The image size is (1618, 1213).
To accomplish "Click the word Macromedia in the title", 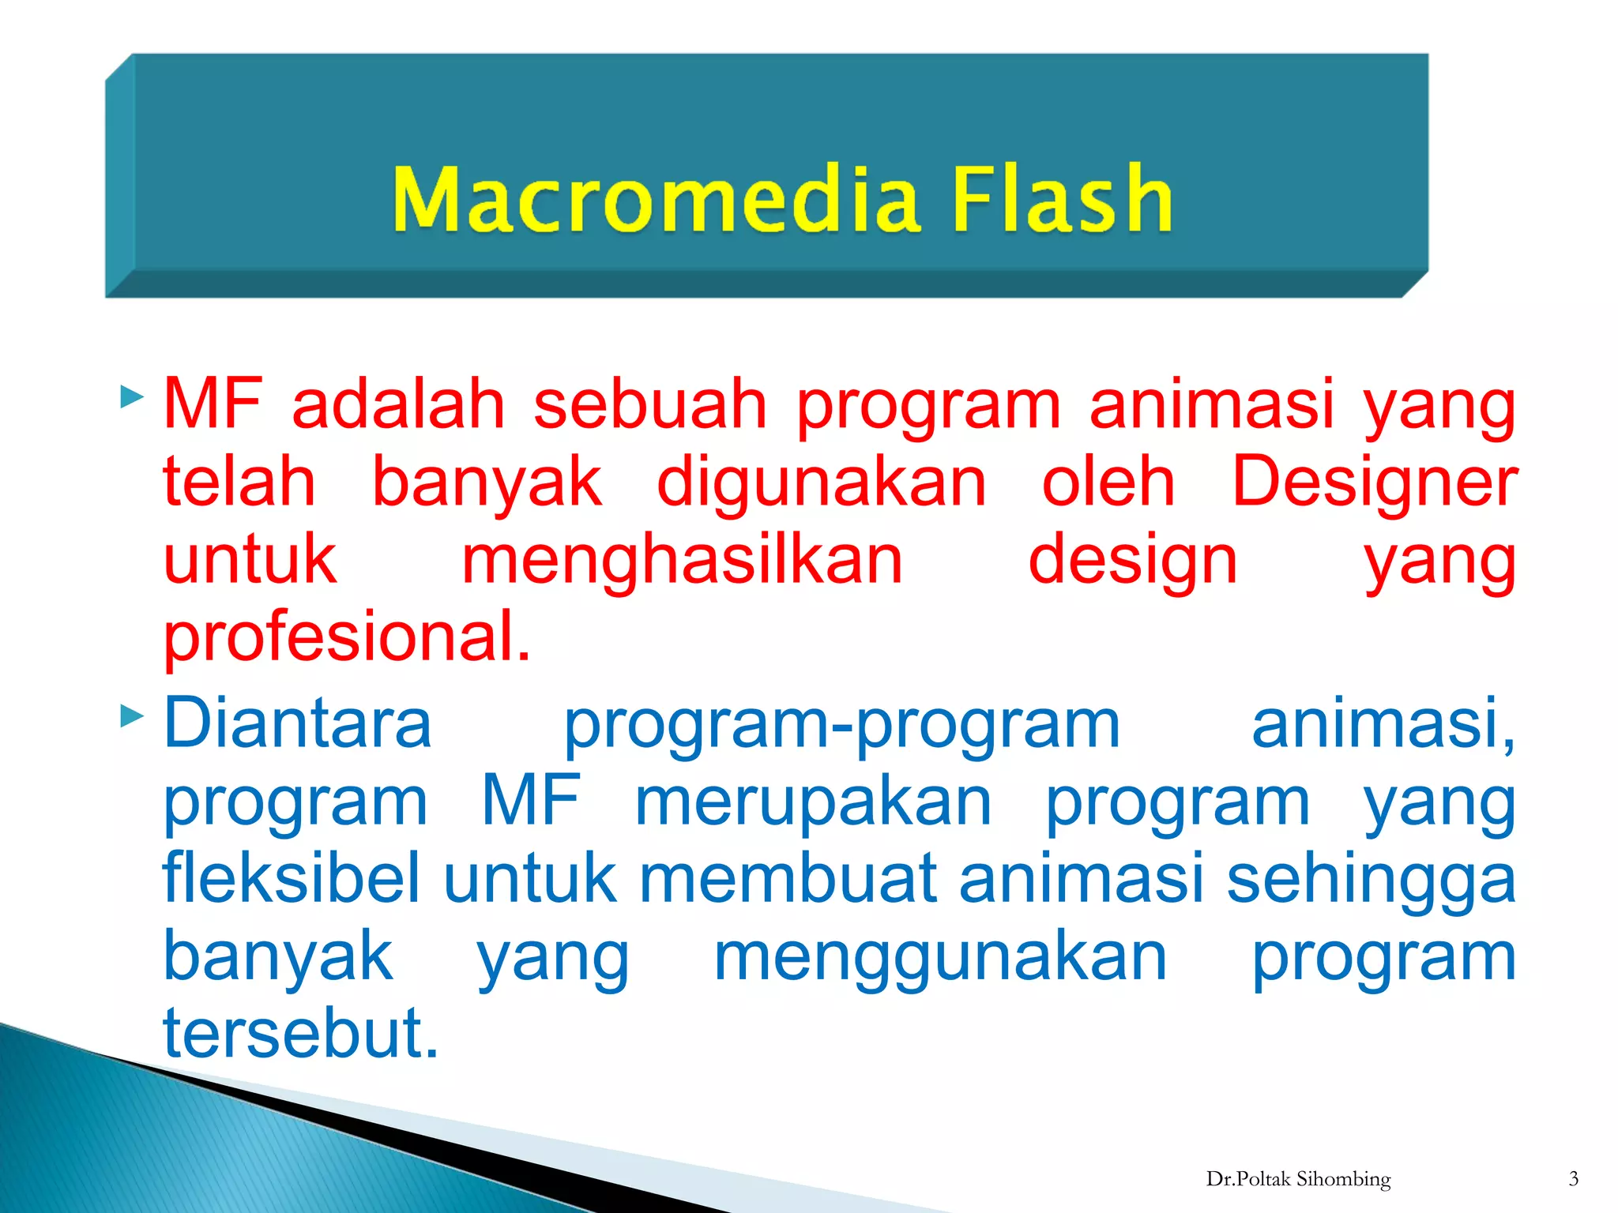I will click(x=656, y=199).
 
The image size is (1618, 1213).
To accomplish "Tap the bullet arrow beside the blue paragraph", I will click(x=131, y=716).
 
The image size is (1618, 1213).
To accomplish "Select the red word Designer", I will click(x=1374, y=482).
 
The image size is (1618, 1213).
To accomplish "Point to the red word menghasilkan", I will click(x=682, y=559).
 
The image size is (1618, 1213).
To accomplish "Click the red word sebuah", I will click(x=649, y=404).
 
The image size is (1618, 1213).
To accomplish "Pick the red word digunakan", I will click(x=822, y=482).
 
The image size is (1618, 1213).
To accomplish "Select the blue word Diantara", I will click(x=297, y=723).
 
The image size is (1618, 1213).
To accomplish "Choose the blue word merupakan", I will click(x=813, y=801).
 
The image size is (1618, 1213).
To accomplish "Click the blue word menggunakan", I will click(x=940, y=956).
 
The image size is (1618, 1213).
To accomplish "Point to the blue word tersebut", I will click(x=300, y=1032).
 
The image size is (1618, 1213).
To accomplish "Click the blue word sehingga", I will click(x=1371, y=879).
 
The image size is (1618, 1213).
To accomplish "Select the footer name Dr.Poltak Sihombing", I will click(x=1298, y=1179).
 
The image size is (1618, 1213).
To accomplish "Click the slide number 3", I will click(x=1573, y=1179).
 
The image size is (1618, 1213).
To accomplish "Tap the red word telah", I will click(x=239, y=482).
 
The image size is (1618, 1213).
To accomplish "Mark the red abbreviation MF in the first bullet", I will click(x=212, y=404).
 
